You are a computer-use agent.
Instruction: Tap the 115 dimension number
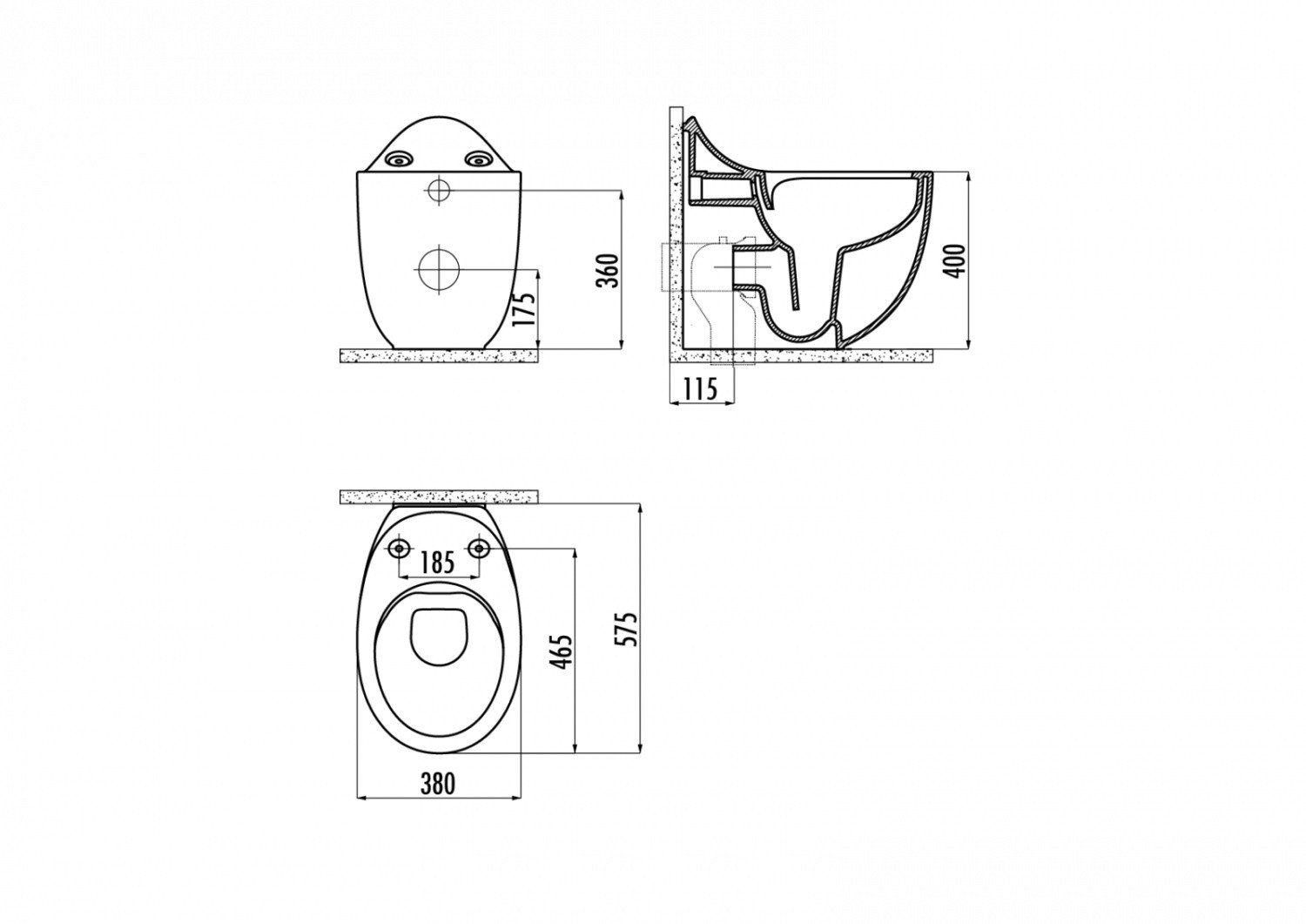click(700, 388)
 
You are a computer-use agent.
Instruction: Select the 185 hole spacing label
click(438, 563)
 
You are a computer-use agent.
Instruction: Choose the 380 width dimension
click(438, 784)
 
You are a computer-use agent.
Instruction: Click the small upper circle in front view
click(439, 190)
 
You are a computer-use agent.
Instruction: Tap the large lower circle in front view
click(438, 269)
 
